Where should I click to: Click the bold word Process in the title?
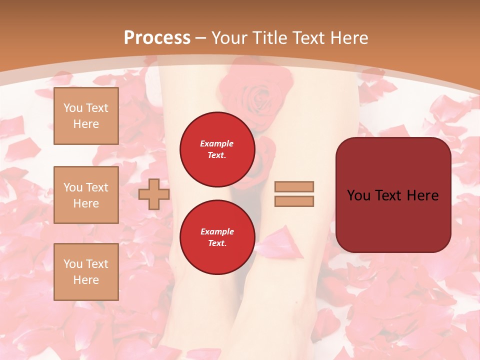[157, 38]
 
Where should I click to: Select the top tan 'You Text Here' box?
[86, 116]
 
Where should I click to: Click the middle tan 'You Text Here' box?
[86, 195]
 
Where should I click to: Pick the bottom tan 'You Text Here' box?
[86, 272]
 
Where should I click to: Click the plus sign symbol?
[154, 194]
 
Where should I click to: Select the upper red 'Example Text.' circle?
[217, 149]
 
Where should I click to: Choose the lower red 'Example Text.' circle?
[217, 237]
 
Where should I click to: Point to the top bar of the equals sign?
[294, 186]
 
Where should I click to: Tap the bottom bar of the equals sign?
[294, 201]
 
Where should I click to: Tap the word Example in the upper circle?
[216, 143]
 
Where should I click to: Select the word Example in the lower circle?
[216, 231]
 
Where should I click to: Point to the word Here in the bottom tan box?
[86, 280]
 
